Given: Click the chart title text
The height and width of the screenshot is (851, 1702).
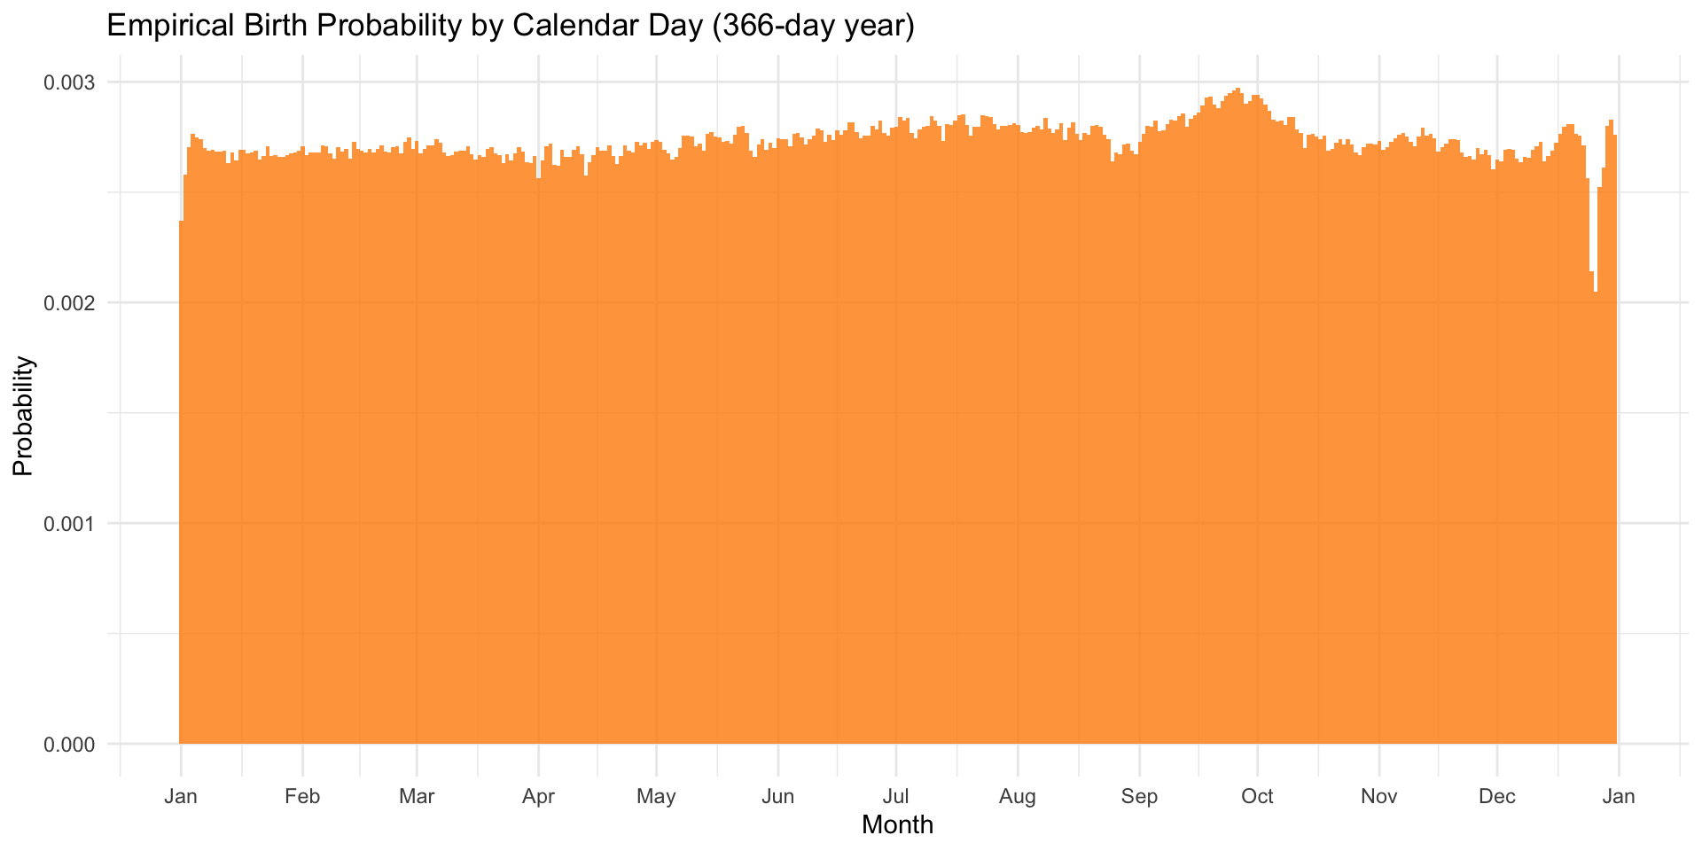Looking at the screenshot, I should coord(510,26).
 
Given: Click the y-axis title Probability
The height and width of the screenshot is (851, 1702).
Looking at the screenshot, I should coord(24,416).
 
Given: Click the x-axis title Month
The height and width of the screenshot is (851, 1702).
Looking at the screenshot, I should coord(897,825).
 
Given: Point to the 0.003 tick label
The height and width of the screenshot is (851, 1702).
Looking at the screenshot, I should coord(70,82).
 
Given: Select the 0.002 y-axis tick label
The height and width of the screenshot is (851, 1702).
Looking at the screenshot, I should coord(70,303).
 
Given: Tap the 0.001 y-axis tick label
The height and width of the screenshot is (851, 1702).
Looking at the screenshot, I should coord(70,523).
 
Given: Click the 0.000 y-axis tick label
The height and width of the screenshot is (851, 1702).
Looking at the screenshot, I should coord(70,744).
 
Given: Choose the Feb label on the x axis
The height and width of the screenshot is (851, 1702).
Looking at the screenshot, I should coord(302,796).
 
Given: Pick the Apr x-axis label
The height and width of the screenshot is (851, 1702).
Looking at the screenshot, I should coord(538,796).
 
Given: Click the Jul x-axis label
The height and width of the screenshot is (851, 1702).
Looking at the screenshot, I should coord(896,796).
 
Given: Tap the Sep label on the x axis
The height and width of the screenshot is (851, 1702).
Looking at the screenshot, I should coord(1139,796).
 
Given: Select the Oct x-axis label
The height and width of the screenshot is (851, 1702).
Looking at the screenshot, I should coord(1257,796).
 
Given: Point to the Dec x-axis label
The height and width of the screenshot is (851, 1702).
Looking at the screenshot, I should coord(1496,796).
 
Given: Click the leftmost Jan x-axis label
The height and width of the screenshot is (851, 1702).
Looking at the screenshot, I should coord(181,796).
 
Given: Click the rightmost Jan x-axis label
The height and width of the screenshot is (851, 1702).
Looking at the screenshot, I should coord(1619,796).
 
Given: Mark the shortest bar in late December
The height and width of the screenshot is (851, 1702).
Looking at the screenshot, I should coord(1596,532).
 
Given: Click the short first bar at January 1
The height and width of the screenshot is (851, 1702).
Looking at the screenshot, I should coord(181,488).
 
